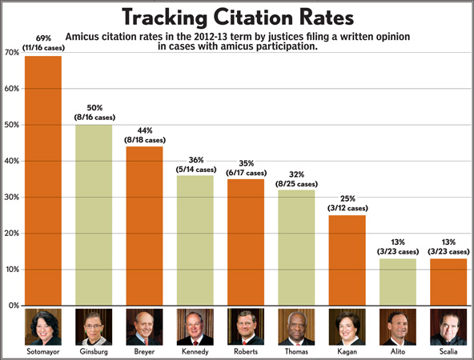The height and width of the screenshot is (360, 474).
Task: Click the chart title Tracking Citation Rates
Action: click(x=237, y=17)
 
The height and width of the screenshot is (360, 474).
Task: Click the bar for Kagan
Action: click(x=347, y=260)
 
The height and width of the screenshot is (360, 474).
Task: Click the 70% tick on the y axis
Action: click(x=11, y=53)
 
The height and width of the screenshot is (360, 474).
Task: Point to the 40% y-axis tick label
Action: click(x=11, y=162)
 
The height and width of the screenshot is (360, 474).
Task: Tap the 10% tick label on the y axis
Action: click(x=11, y=270)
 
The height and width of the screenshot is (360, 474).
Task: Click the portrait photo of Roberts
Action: click(x=245, y=326)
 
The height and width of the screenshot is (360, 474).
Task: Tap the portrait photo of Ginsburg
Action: click(x=94, y=326)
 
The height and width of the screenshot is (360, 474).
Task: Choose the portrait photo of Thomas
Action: click(x=296, y=326)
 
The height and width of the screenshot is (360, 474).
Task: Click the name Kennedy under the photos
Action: click(x=195, y=351)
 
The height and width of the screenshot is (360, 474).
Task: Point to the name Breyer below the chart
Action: click(x=144, y=351)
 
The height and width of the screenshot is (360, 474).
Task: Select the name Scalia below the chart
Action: click(x=448, y=351)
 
